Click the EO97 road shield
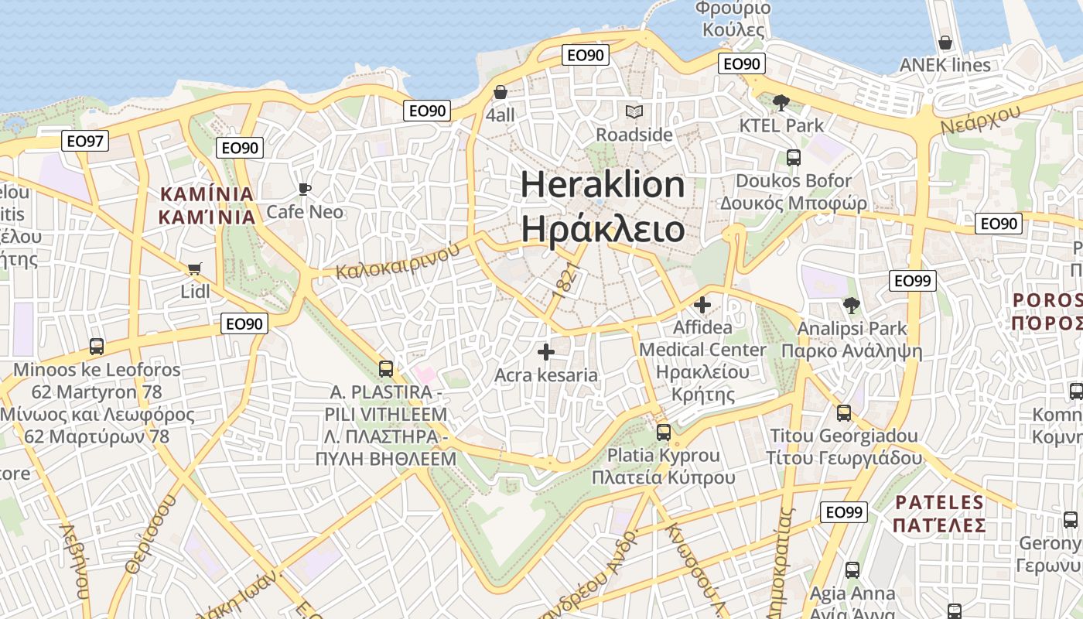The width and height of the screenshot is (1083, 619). (x=85, y=141)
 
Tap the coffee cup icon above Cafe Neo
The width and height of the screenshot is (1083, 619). (x=305, y=189)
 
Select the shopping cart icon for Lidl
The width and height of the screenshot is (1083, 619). (x=194, y=269)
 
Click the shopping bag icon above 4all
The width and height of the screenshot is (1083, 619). (x=501, y=92)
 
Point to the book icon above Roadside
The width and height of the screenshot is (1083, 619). (x=634, y=112)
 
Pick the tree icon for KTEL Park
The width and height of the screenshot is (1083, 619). (x=781, y=102)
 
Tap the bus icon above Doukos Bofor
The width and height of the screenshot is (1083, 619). (x=794, y=158)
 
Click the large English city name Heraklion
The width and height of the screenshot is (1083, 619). (x=603, y=185)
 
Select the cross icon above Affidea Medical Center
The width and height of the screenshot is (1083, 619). (x=702, y=305)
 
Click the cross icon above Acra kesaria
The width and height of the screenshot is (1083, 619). (x=546, y=352)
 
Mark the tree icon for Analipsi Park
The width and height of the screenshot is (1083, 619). (x=852, y=306)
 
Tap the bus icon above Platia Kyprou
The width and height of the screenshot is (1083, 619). (x=664, y=433)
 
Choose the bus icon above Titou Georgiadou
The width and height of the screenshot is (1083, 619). (x=844, y=413)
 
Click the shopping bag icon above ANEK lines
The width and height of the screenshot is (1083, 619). (x=945, y=43)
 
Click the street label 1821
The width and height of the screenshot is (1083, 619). (x=567, y=281)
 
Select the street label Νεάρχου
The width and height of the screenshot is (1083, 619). (x=981, y=118)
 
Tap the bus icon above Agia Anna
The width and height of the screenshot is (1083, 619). (x=852, y=570)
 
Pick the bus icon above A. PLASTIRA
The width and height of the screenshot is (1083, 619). (x=386, y=369)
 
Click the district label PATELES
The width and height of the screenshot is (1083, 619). (x=940, y=503)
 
